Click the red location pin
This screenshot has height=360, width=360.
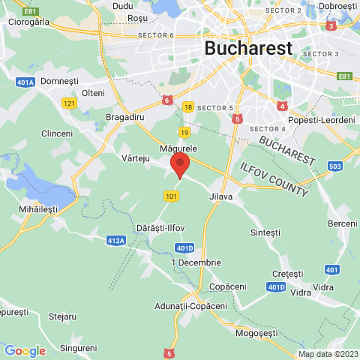pos(180,165)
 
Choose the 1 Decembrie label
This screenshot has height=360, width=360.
pos(196,262)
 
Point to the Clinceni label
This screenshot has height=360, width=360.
pos(57,133)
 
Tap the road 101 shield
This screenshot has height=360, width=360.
pos(172,196)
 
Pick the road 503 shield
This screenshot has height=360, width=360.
pos(334,166)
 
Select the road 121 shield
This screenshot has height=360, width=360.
pos(70,103)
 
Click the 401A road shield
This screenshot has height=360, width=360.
pos(25,82)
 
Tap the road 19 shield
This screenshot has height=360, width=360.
pos(184,132)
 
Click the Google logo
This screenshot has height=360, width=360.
pos(25,350)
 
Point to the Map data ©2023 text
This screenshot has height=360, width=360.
pos(328,354)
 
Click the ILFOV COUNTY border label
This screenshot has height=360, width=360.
pos(273,178)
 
